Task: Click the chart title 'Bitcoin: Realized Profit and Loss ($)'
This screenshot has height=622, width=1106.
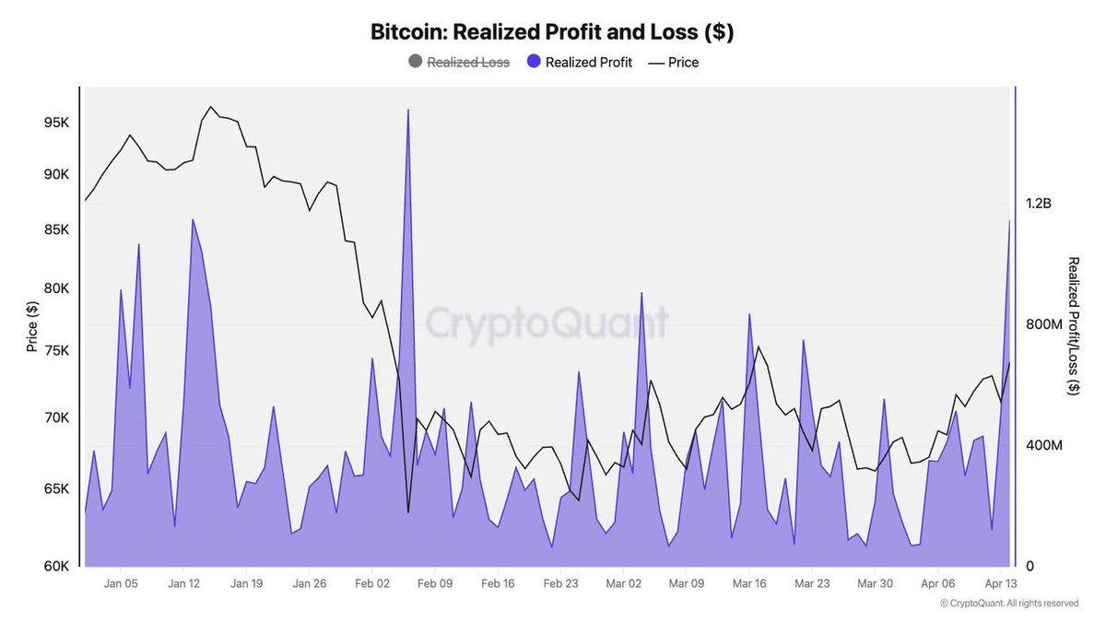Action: pos(552,31)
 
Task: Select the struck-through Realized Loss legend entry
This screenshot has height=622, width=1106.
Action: pos(466,63)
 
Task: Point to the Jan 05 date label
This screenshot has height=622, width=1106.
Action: pos(121,583)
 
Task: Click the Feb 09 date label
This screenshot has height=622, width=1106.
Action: pos(434,583)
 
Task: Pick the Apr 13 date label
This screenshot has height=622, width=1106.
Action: pos(1000,583)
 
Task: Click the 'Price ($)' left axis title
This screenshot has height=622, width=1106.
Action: pos(32,327)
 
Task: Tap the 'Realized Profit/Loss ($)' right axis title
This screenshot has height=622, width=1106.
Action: pos(1073,327)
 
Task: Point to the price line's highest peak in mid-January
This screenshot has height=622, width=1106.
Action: pos(211,107)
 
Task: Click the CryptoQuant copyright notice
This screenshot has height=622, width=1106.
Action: pos(1008,604)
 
